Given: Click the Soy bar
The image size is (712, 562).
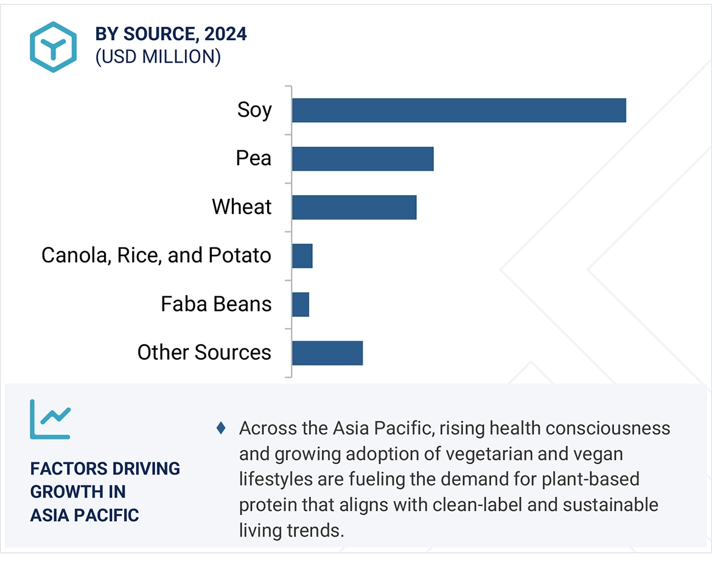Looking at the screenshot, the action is tap(459, 110).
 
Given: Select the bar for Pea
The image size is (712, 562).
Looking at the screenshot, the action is tap(363, 159).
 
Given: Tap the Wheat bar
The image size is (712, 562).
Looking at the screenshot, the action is tap(354, 207).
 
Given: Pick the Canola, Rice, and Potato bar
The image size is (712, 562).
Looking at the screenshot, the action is tap(302, 256).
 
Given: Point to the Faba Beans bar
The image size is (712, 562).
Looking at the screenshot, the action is tap(301, 305).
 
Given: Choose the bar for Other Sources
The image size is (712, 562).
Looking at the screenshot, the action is tap(327, 353).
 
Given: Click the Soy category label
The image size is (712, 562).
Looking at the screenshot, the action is tap(254, 110).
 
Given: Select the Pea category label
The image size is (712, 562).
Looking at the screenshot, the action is tap(253, 158).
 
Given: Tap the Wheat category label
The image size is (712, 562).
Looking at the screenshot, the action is tap(242, 207).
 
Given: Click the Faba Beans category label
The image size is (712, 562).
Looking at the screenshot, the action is tap(216, 304).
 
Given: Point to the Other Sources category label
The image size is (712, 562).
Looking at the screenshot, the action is tap(204, 353).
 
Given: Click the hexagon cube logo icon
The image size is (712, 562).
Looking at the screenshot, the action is tap(53, 47).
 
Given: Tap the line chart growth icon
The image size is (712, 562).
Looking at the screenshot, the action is tap(51, 420).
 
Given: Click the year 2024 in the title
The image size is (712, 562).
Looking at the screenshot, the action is tap(226, 34).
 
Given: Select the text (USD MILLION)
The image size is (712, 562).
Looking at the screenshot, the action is tap(158, 57).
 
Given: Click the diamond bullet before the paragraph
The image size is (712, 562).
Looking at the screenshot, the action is tap(221, 428).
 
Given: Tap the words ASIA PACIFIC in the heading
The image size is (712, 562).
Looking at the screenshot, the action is tap(85, 516).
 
